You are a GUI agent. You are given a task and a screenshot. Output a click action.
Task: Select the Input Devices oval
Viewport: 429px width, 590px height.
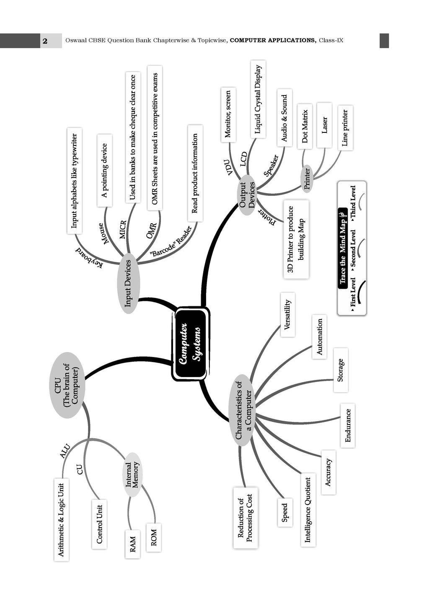(x=128, y=283)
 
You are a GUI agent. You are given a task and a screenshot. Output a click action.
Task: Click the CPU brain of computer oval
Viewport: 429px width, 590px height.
(x=67, y=385)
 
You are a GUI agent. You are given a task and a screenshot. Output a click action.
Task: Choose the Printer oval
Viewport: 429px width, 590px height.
(x=307, y=179)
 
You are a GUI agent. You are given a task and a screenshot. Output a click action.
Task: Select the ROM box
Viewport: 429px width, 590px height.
(x=153, y=537)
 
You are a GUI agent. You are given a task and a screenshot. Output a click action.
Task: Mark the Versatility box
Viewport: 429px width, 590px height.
(x=287, y=315)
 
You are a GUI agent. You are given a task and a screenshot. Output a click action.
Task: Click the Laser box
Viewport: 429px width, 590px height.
(x=324, y=125)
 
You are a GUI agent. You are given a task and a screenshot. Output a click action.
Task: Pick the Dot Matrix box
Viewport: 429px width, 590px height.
(x=305, y=127)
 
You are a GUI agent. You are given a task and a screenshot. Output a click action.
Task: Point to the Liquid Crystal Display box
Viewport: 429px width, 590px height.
(x=258, y=99)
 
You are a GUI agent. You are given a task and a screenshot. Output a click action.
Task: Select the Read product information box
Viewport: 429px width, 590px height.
(x=195, y=173)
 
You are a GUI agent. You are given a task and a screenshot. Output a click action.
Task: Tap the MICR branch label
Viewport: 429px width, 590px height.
(x=123, y=230)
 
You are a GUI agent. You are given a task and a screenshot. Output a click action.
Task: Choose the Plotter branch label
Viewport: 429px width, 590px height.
(x=267, y=217)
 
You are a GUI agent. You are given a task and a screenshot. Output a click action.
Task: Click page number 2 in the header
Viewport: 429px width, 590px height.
(x=45, y=41)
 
